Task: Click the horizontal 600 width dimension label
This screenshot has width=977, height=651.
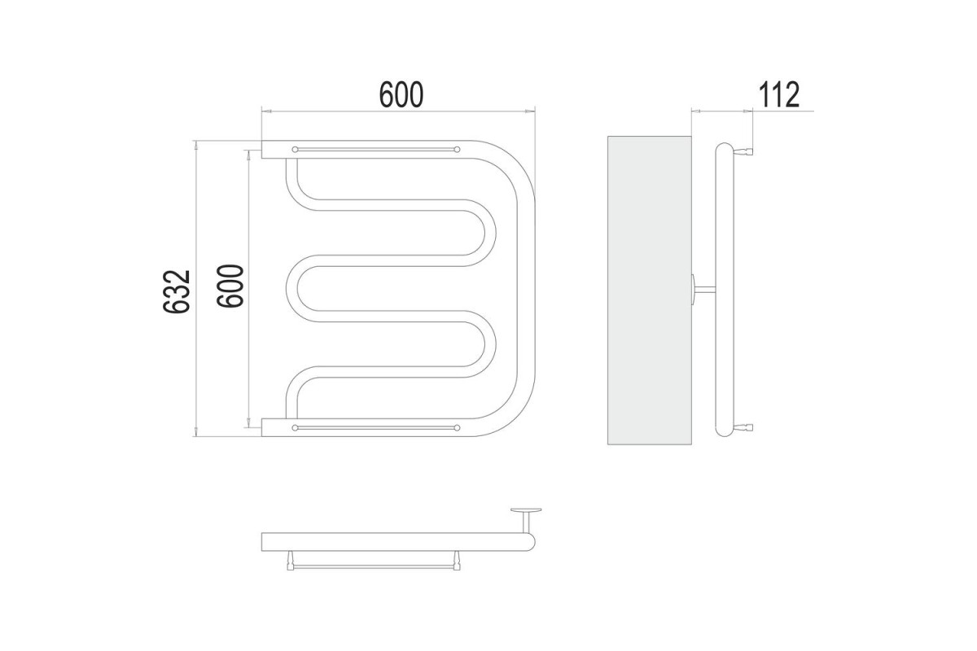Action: click(x=401, y=94)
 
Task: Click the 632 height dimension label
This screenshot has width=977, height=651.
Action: click(x=176, y=291)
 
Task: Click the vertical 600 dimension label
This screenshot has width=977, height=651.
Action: click(x=230, y=286)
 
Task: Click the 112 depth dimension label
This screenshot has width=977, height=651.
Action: click(x=779, y=94)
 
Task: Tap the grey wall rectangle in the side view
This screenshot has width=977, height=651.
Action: click(x=650, y=291)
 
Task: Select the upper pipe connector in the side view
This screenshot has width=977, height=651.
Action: click(x=744, y=151)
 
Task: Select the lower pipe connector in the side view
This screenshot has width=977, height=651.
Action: click(x=744, y=427)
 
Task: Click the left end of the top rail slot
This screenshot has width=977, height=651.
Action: click(x=295, y=150)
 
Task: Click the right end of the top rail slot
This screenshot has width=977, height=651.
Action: click(x=457, y=150)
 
